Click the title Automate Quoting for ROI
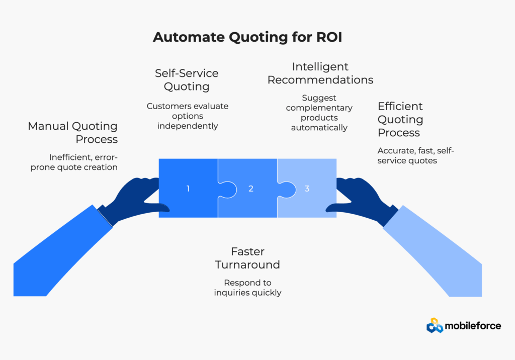247,38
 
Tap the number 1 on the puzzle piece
188,189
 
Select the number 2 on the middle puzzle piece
250,189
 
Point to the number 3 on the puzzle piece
307,189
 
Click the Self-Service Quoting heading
187,80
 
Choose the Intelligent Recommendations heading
320,73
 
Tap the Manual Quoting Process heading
73,133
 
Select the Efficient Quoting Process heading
400,120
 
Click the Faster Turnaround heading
247,258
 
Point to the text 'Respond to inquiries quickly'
247,287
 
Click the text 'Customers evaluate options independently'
188,116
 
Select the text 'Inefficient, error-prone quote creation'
74,162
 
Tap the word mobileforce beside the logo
473,326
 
